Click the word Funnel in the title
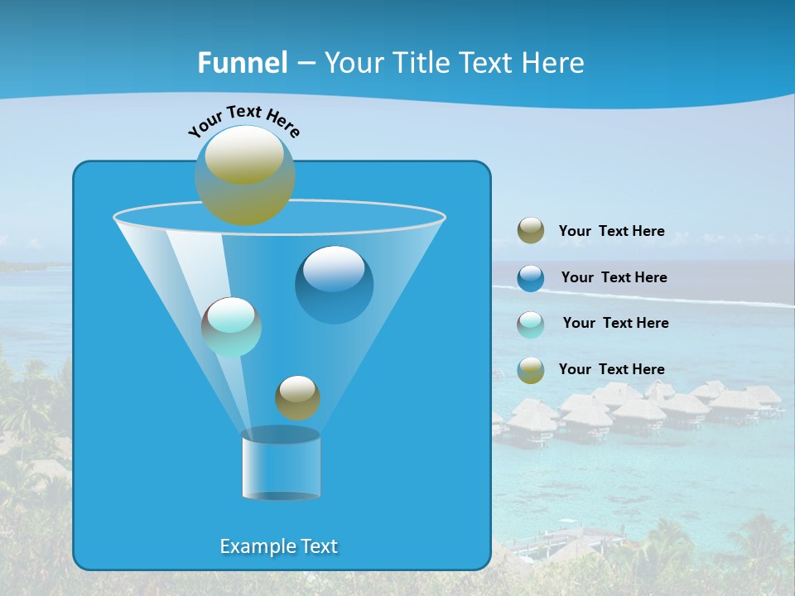[242, 63]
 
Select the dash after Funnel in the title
[305, 64]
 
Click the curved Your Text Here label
[243, 121]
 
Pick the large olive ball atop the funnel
[244, 175]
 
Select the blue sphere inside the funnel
[334, 285]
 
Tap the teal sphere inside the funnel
[231, 327]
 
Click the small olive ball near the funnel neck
[297, 397]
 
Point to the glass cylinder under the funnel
[281, 465]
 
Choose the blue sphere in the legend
[531, 278]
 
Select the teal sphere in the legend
[531, 324]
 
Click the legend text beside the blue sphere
[614, 277]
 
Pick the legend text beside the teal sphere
[615, 323]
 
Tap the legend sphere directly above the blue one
[531, 231]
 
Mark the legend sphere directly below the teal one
[531, 370]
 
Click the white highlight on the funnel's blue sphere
[333, 269]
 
